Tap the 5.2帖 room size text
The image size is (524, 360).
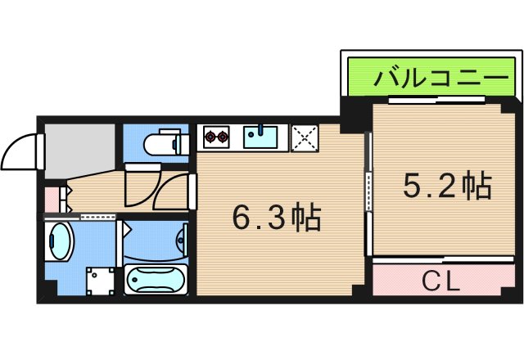(446, 187)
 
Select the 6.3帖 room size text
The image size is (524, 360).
(275, 218)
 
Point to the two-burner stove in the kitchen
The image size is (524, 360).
(218, 137)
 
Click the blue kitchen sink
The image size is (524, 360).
(262, 137)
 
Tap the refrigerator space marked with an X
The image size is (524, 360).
(305, 137)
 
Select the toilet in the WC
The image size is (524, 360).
(164, 145)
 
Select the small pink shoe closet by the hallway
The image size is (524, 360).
(51, 199)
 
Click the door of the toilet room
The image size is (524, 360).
(141, 184)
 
